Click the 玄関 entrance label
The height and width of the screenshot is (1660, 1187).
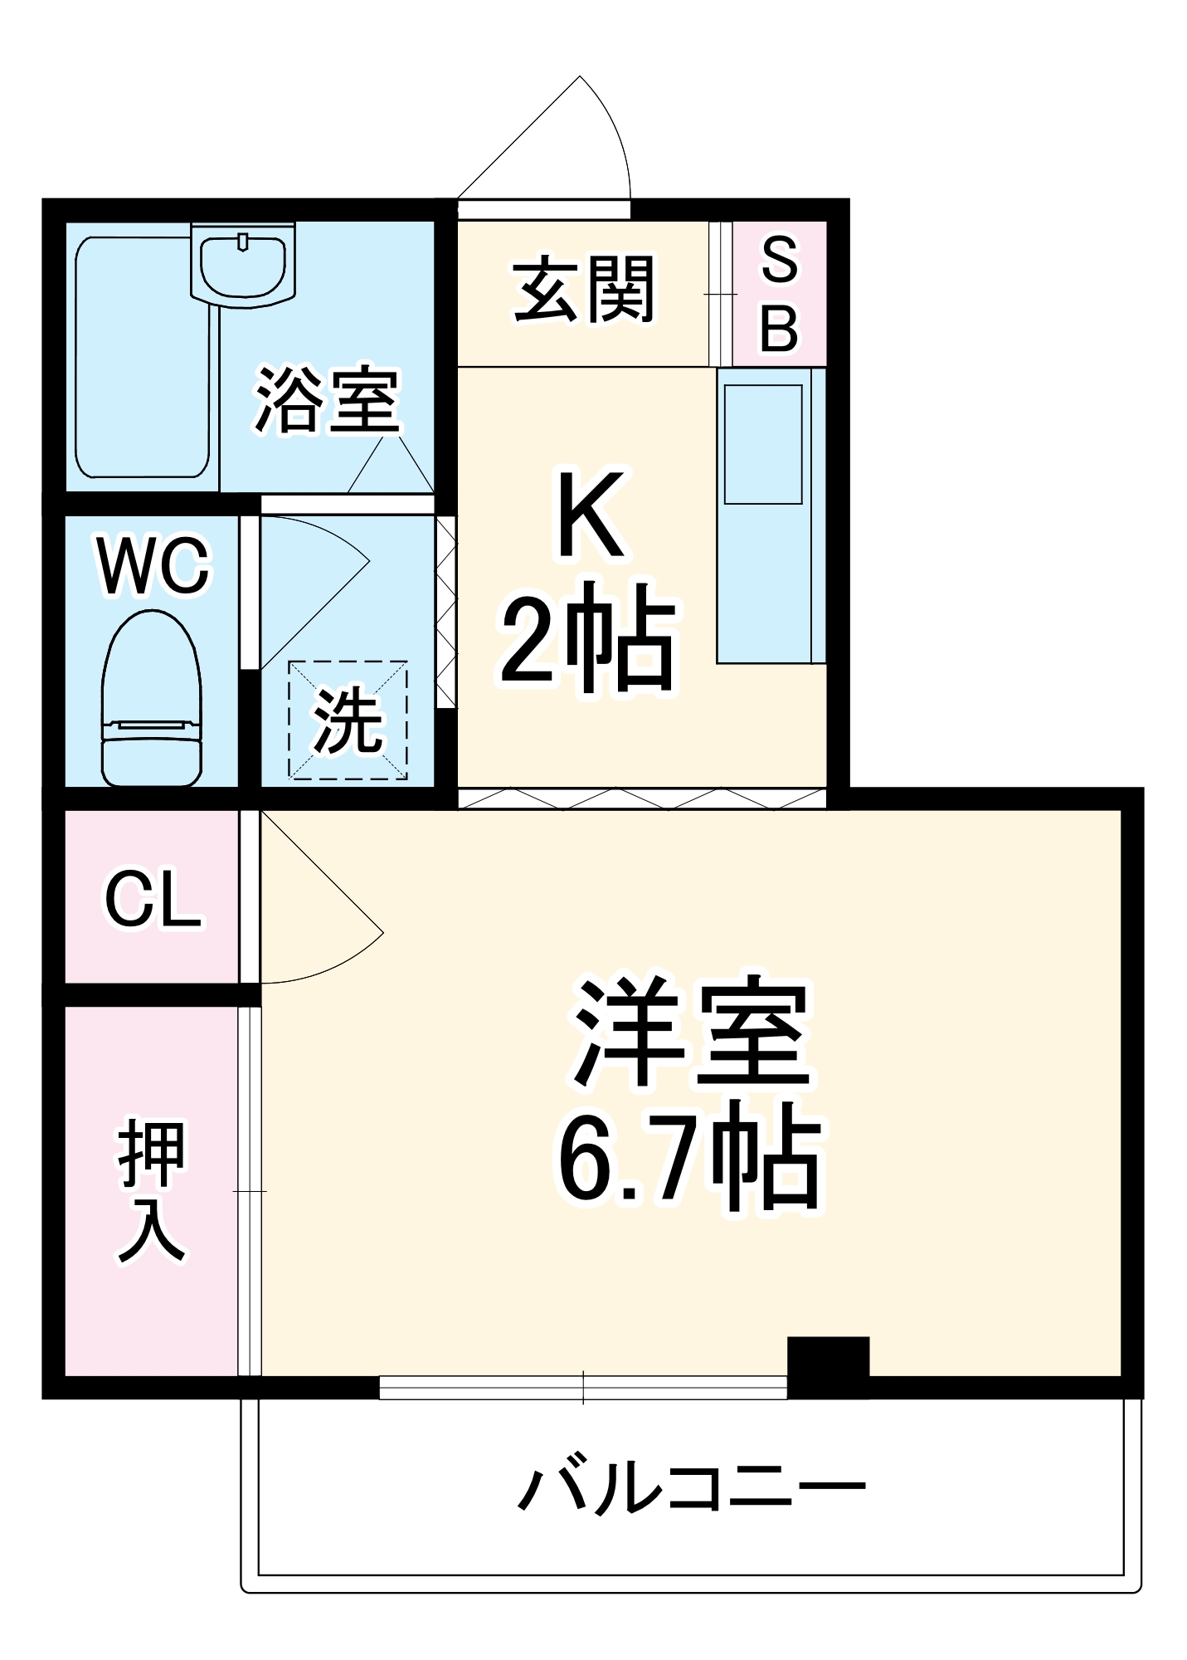click(584, 290)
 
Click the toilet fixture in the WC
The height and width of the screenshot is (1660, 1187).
click(151, 700)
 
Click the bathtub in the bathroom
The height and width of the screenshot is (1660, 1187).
click(142, 357)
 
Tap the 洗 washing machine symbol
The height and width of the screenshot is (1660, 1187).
click(348, 720)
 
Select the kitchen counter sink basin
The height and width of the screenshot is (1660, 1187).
click(763, 444)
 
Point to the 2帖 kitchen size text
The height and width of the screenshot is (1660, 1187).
click(589, 637)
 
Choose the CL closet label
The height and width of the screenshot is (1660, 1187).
click(153, 899)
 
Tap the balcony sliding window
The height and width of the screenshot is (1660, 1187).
click(583, 1387)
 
